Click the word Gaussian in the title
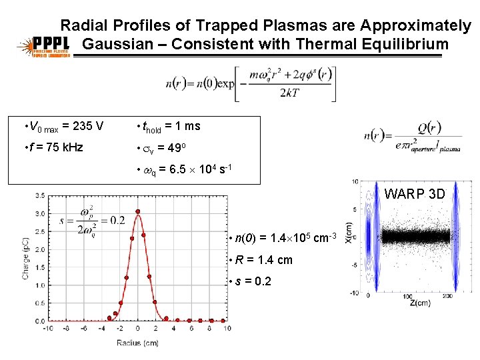[118, 45]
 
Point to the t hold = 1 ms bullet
[169, 126]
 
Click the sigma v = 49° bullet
[164, 147]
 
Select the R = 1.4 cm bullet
[263, 260]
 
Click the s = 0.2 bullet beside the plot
[252, 281]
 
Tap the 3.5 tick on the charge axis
[39, 196]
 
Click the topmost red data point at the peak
[138, 212]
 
